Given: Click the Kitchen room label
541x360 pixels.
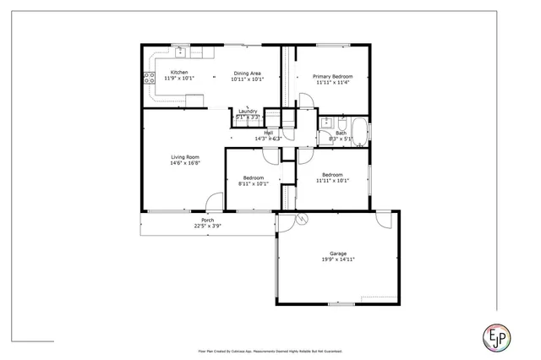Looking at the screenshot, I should point(179,73).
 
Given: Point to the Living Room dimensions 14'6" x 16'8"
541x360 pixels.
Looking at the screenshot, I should point(185,163).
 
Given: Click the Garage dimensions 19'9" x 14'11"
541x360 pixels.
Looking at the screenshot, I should point(337,260).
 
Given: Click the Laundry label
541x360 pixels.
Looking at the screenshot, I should point(248,112).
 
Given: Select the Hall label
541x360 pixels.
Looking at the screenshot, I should point(268,133).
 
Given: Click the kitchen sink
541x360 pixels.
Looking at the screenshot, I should point(179,51).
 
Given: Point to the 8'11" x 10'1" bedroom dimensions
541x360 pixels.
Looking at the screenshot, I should point(252,183).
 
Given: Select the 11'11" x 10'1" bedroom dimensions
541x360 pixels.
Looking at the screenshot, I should point(332,180).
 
